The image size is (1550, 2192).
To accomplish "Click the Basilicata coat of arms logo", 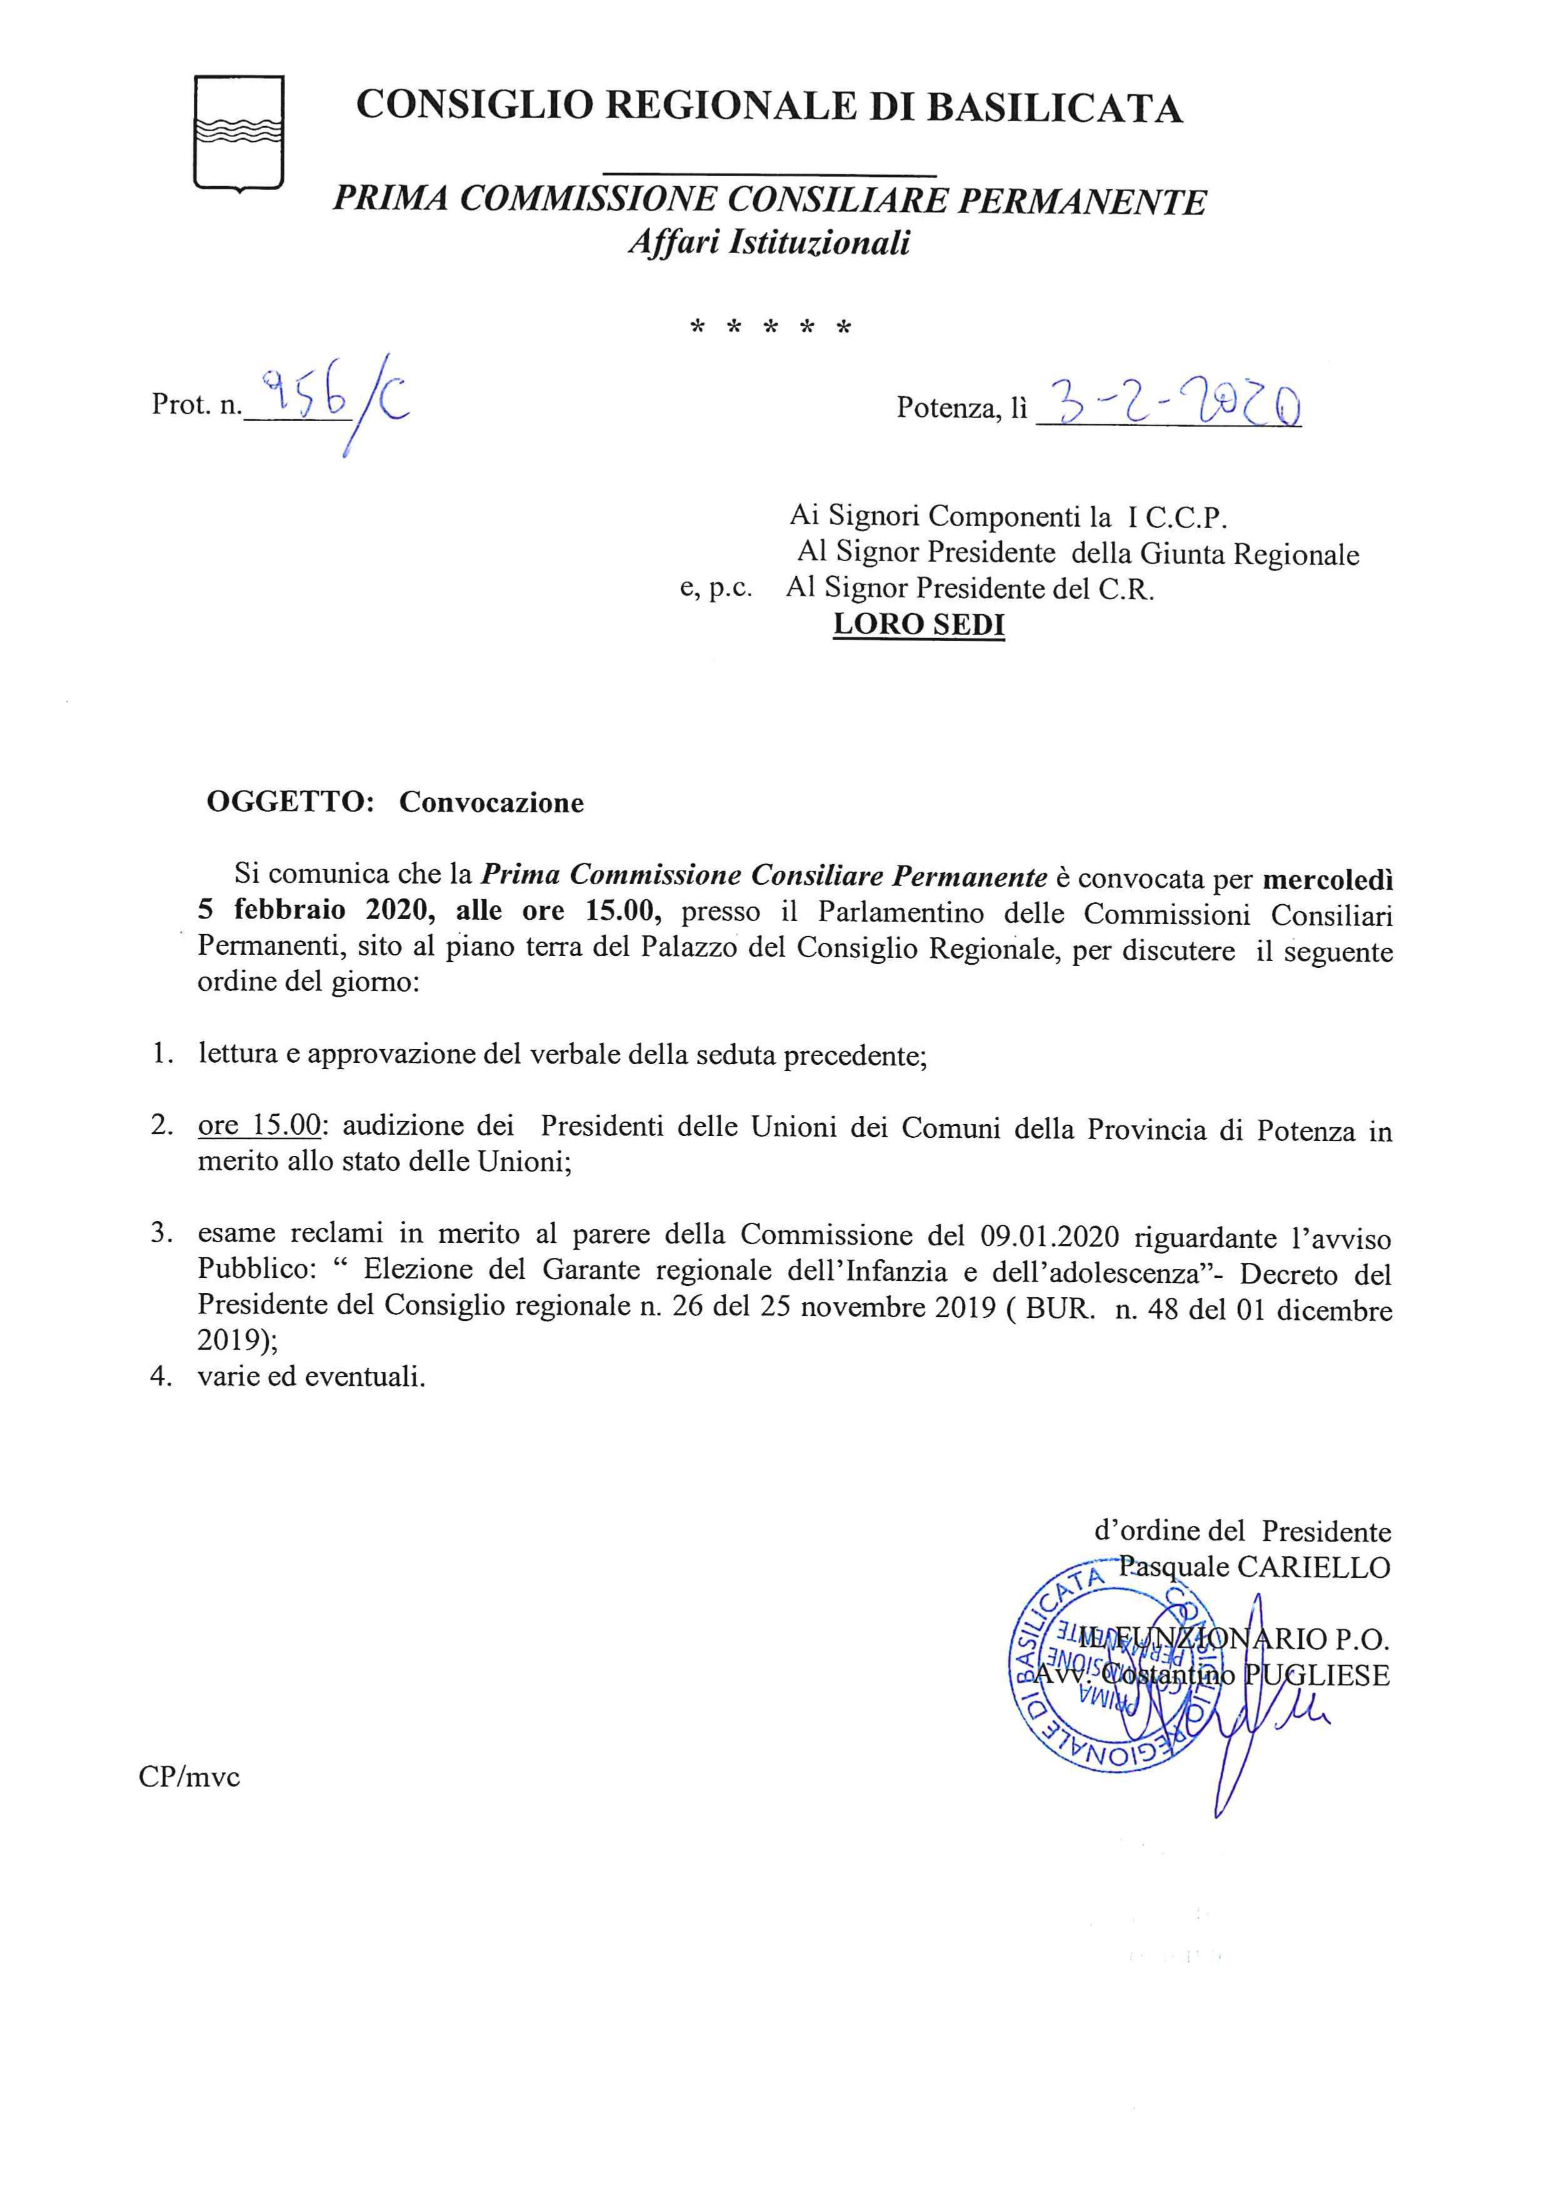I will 239,132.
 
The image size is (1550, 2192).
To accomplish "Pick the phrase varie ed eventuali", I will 311,1378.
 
